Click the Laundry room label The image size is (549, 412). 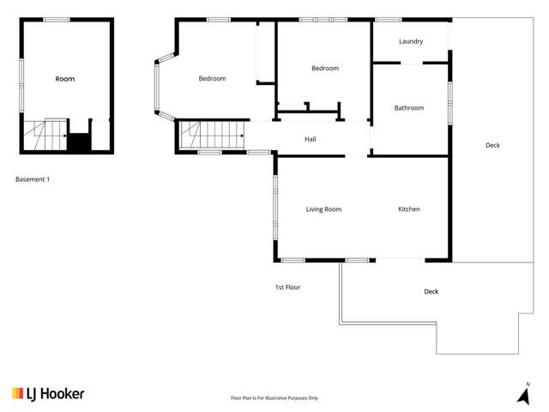(411, 41)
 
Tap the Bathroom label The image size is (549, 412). (408, 108)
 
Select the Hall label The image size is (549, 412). (311, 139)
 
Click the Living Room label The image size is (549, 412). (324, 209)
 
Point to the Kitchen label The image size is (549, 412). (409, 209)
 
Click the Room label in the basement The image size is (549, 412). (65, 79)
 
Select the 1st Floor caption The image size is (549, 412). (287, 288)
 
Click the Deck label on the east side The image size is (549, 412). (492, 145)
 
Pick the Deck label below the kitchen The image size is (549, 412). (431, 292)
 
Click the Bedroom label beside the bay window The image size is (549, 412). (212, 79)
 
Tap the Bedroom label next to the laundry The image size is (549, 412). (325, 69)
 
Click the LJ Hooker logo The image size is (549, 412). (48, 393)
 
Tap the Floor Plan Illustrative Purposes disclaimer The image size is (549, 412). (274, 398)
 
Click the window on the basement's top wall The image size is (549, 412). (57, 19)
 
